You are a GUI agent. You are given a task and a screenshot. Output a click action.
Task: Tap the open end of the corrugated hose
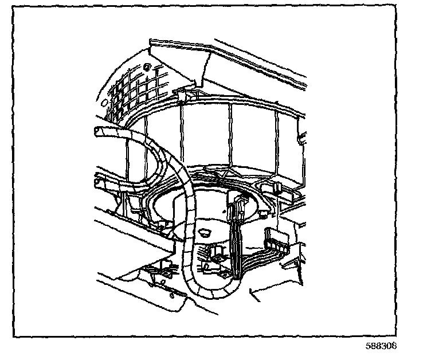99,132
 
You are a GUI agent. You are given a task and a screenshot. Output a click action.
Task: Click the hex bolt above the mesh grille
147,68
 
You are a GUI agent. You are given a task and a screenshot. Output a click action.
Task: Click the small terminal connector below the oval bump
215,252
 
